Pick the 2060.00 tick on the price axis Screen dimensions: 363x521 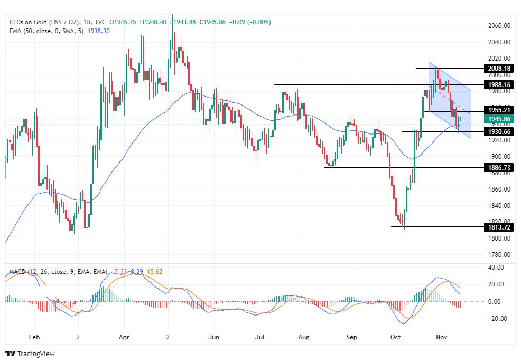(x=498, y=26)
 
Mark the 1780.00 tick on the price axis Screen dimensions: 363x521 (x=498, y=254)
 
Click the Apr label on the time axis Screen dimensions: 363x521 (x=124, y=336)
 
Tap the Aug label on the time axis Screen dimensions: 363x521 (x=303, y=336)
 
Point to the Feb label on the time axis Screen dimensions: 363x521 (x=34, y=336)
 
